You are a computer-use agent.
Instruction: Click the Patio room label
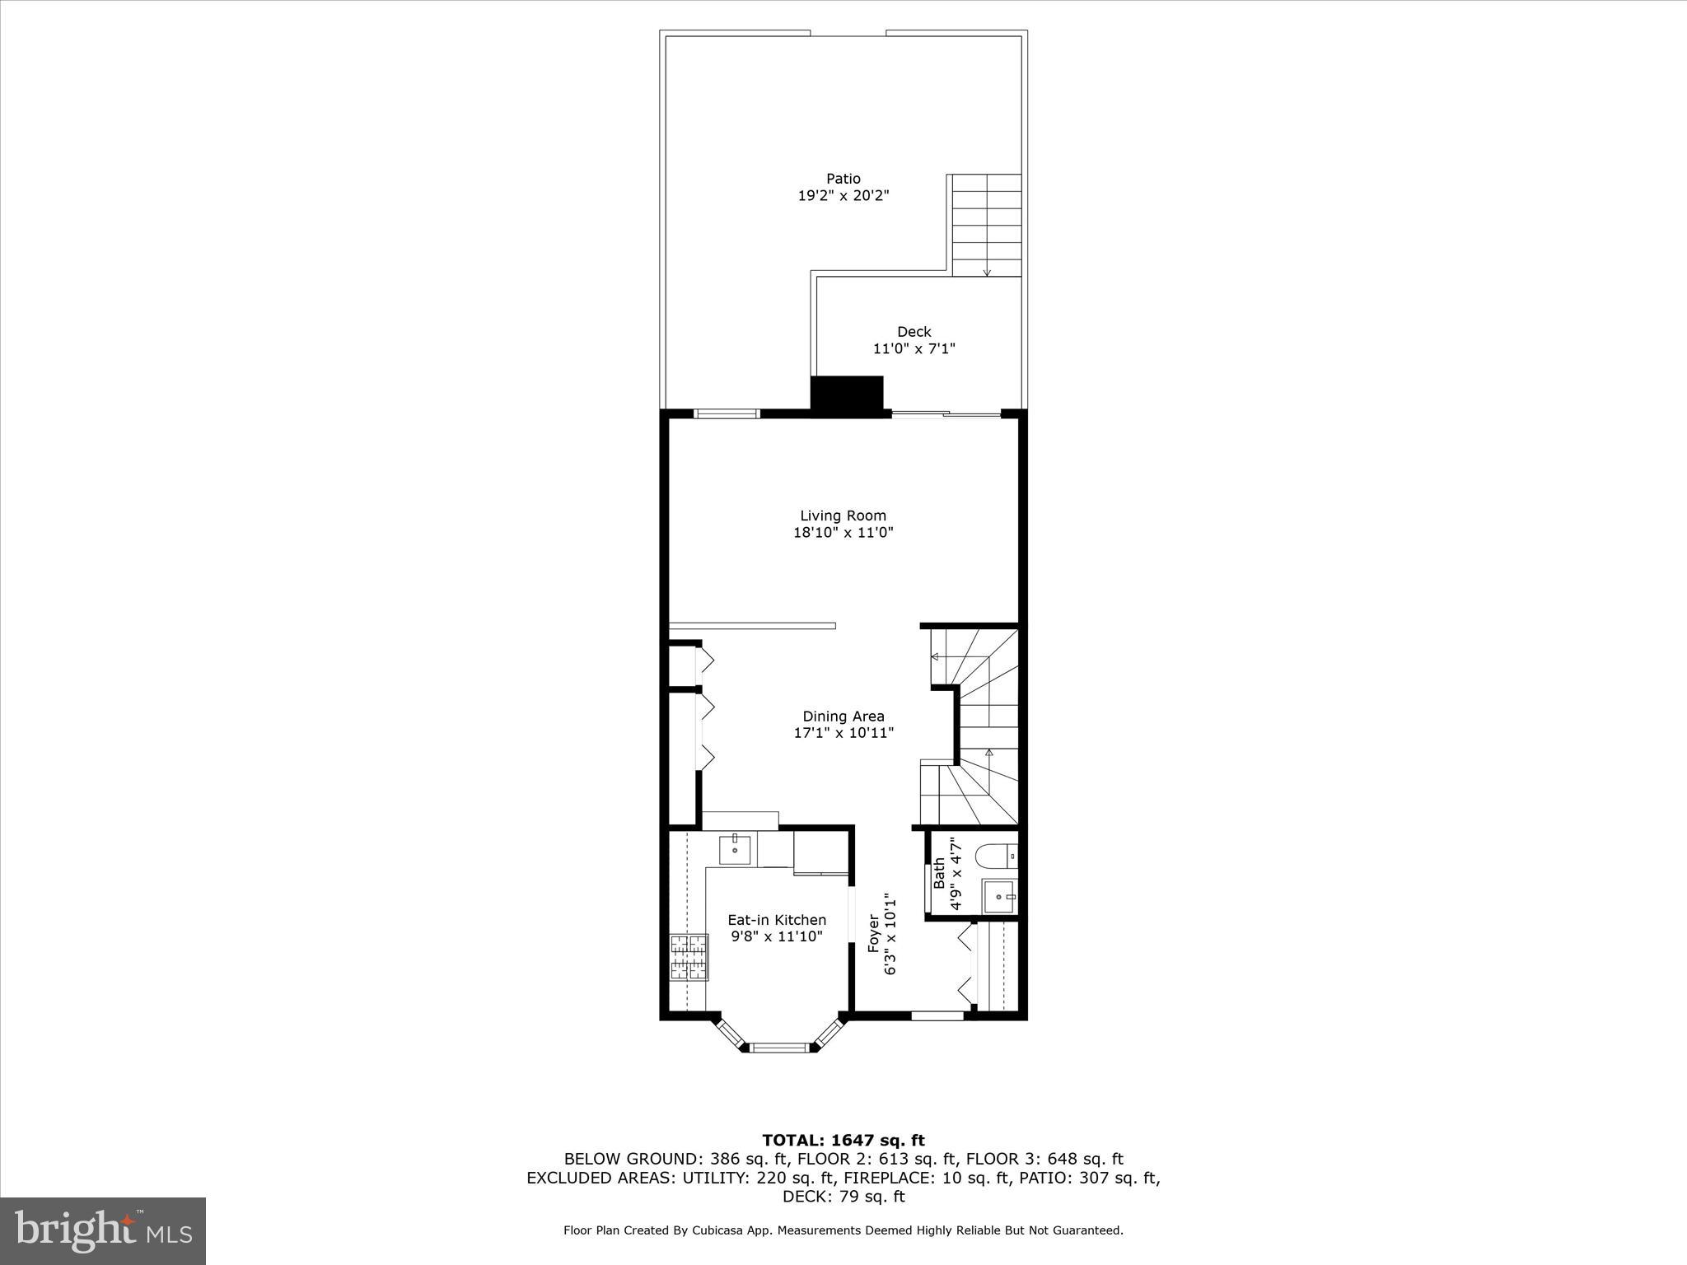tap(843, 179)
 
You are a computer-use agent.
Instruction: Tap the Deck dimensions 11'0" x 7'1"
tap(914, 348)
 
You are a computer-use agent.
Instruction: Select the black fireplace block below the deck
tap(847, 394)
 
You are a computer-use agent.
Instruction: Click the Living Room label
tap(843, 516)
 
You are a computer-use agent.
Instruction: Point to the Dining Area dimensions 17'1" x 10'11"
tap(843, 733)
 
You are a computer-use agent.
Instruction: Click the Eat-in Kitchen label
tap(776, 920)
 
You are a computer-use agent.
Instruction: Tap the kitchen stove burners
tap(689, 957)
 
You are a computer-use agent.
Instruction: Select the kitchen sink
tap(735, 849)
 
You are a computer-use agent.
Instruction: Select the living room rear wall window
tap(726, 413)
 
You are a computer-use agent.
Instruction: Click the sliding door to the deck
tap(946, 413)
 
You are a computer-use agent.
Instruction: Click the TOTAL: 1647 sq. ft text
tap(843, 1141)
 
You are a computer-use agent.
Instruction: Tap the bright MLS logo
tap(103, 1230)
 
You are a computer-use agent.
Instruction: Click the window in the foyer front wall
tap(937, 1015)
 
